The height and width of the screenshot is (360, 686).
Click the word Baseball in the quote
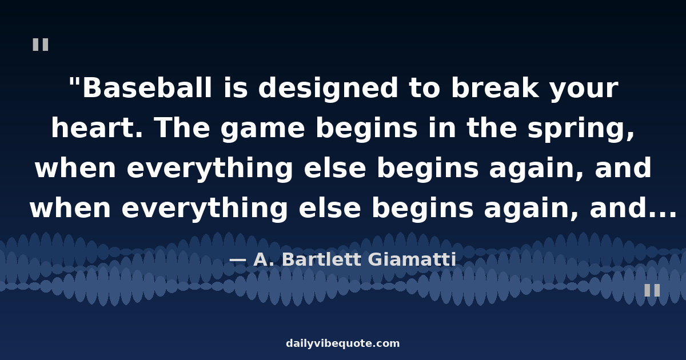tap(147, 88)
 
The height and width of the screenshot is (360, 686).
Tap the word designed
tap(328, 89)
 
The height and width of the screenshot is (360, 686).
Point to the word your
tap(584, 91)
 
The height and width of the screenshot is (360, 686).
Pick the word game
tap(262, 131)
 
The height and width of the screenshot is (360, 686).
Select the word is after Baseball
tap(236, 87)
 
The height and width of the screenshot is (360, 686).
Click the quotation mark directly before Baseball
tap(74, 83)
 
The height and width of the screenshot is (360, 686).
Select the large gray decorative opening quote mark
tap(41, 45)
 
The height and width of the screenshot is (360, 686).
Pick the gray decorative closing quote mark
tap(652, 290)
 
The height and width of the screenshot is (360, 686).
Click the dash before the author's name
tap(238, 260)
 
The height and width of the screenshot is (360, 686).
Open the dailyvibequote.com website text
tap(342, 343)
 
